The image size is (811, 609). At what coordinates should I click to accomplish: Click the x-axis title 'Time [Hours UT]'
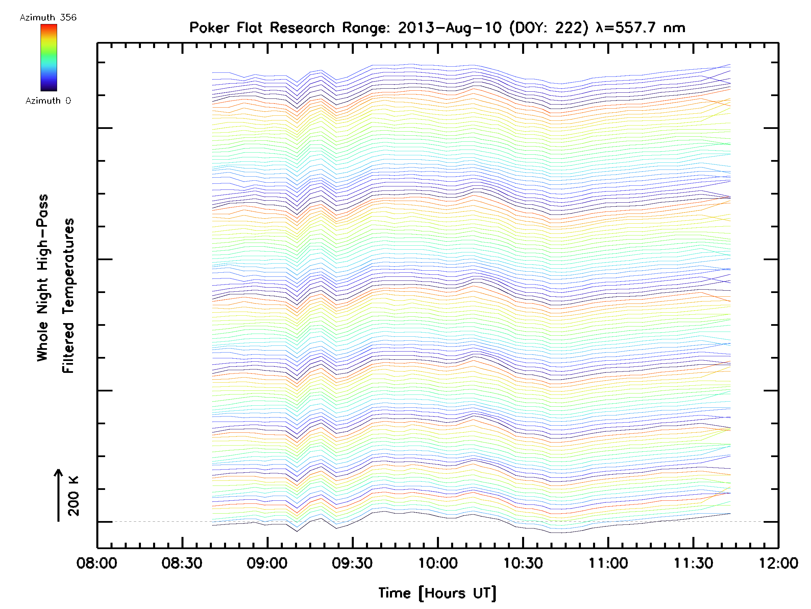tap(437, 593)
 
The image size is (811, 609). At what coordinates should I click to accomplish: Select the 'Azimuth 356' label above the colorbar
tap(48, 18)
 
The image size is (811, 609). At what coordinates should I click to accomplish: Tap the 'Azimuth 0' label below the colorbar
tap(48, 101)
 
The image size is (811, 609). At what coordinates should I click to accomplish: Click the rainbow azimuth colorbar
tap(49, 58)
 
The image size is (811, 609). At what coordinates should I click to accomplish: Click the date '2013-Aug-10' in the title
tap(449, 28)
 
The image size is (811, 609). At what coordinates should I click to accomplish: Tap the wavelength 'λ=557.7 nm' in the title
tap(640, 28)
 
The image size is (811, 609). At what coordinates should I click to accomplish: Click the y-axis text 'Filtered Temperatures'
tap(68, 296)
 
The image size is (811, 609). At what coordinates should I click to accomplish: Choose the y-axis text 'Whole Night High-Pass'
tap(43, 278)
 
